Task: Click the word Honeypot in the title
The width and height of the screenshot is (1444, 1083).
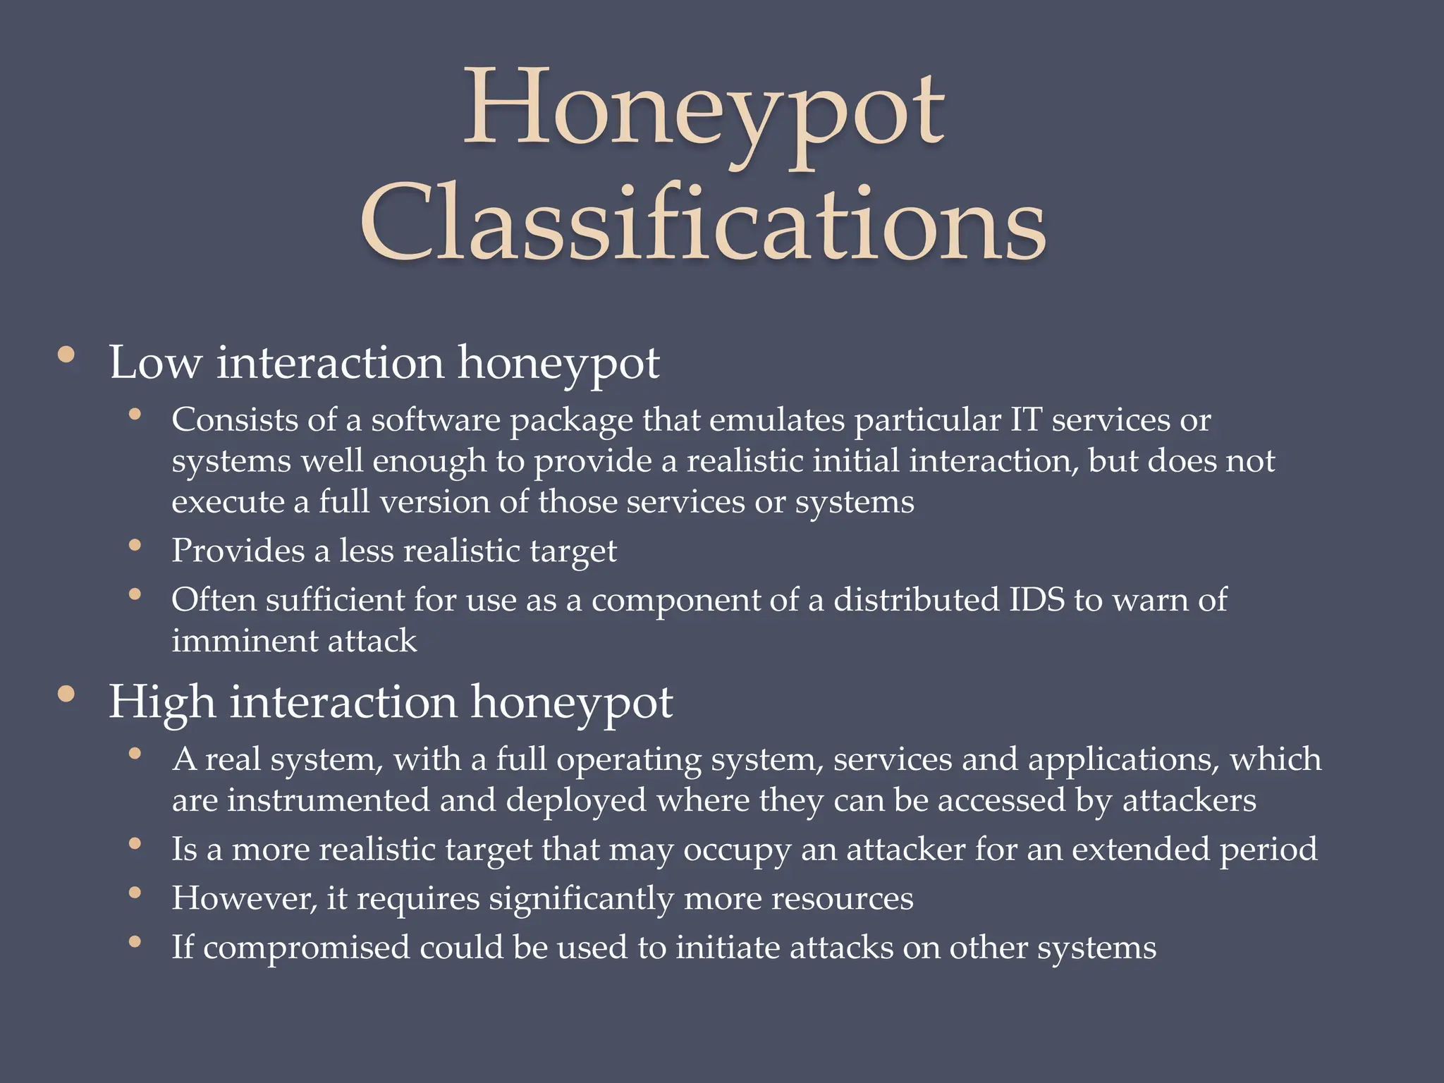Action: pos(704,113)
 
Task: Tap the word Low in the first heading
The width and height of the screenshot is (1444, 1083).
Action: pos(155,363)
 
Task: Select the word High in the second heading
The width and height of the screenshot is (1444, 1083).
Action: pos(161,702)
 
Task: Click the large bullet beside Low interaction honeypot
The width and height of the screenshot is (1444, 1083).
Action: pos(66,355)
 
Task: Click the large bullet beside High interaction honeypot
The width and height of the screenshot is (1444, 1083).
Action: pos(66,695)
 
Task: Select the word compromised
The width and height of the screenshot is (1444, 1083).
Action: pos(306,948)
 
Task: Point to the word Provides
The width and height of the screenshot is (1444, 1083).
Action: pos(238,551)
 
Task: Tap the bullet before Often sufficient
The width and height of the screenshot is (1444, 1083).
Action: pos(135,595)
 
